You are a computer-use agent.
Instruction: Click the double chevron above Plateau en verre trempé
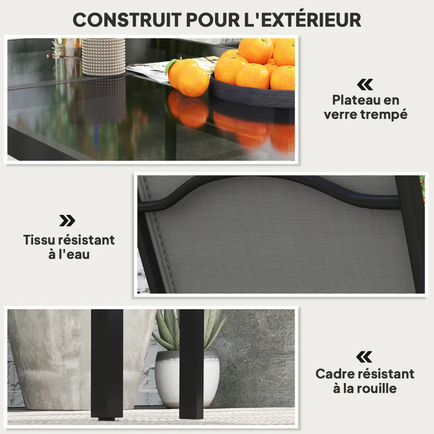pyautogui.click(x=365, y=84)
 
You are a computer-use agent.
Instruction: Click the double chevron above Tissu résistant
pyautogui.click(x=67, y=220)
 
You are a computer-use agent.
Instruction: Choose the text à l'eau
pyautogui.click(x=69, y=254)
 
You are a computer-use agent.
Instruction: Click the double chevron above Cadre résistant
pyautogui.click(x=365, y=356)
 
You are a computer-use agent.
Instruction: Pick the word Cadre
pyautogui.click(x=334, y=374)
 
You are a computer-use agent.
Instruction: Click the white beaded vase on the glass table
pyautogui.click(x=103, y=56)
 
